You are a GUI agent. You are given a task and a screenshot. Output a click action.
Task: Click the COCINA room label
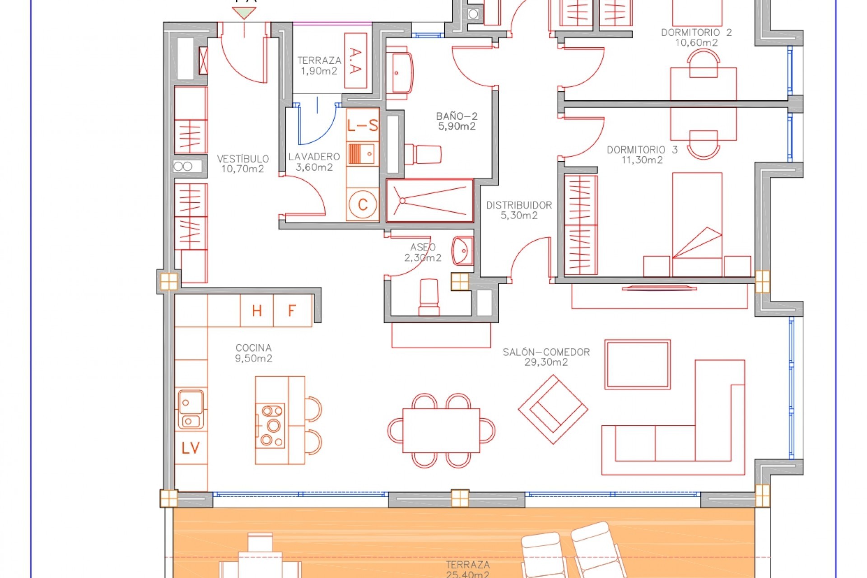253,348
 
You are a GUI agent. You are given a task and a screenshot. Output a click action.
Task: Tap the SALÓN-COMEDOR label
546,352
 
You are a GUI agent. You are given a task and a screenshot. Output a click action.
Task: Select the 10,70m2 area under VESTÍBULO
242,169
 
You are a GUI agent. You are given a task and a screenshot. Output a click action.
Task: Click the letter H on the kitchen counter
256,311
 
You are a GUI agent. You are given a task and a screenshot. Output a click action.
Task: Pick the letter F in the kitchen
292,311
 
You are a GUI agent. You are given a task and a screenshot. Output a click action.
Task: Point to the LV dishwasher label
191,448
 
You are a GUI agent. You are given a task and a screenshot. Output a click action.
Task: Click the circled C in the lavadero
363,205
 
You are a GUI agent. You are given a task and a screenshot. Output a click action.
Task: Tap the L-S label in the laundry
362,126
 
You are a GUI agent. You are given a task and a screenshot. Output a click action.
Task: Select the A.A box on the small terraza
355,61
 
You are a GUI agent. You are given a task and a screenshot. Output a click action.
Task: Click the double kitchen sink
191,409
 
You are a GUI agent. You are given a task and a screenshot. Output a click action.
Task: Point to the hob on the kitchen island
270,426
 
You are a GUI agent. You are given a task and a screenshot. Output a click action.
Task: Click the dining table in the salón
441,430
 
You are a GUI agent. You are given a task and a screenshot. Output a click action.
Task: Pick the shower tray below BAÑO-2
429,200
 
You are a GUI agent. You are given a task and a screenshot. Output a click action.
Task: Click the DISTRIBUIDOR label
519,205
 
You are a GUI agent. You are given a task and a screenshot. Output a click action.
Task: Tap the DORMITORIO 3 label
642,150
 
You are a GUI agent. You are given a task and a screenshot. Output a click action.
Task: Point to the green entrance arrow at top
244,13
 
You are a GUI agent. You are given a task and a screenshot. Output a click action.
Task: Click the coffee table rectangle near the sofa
637,364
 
